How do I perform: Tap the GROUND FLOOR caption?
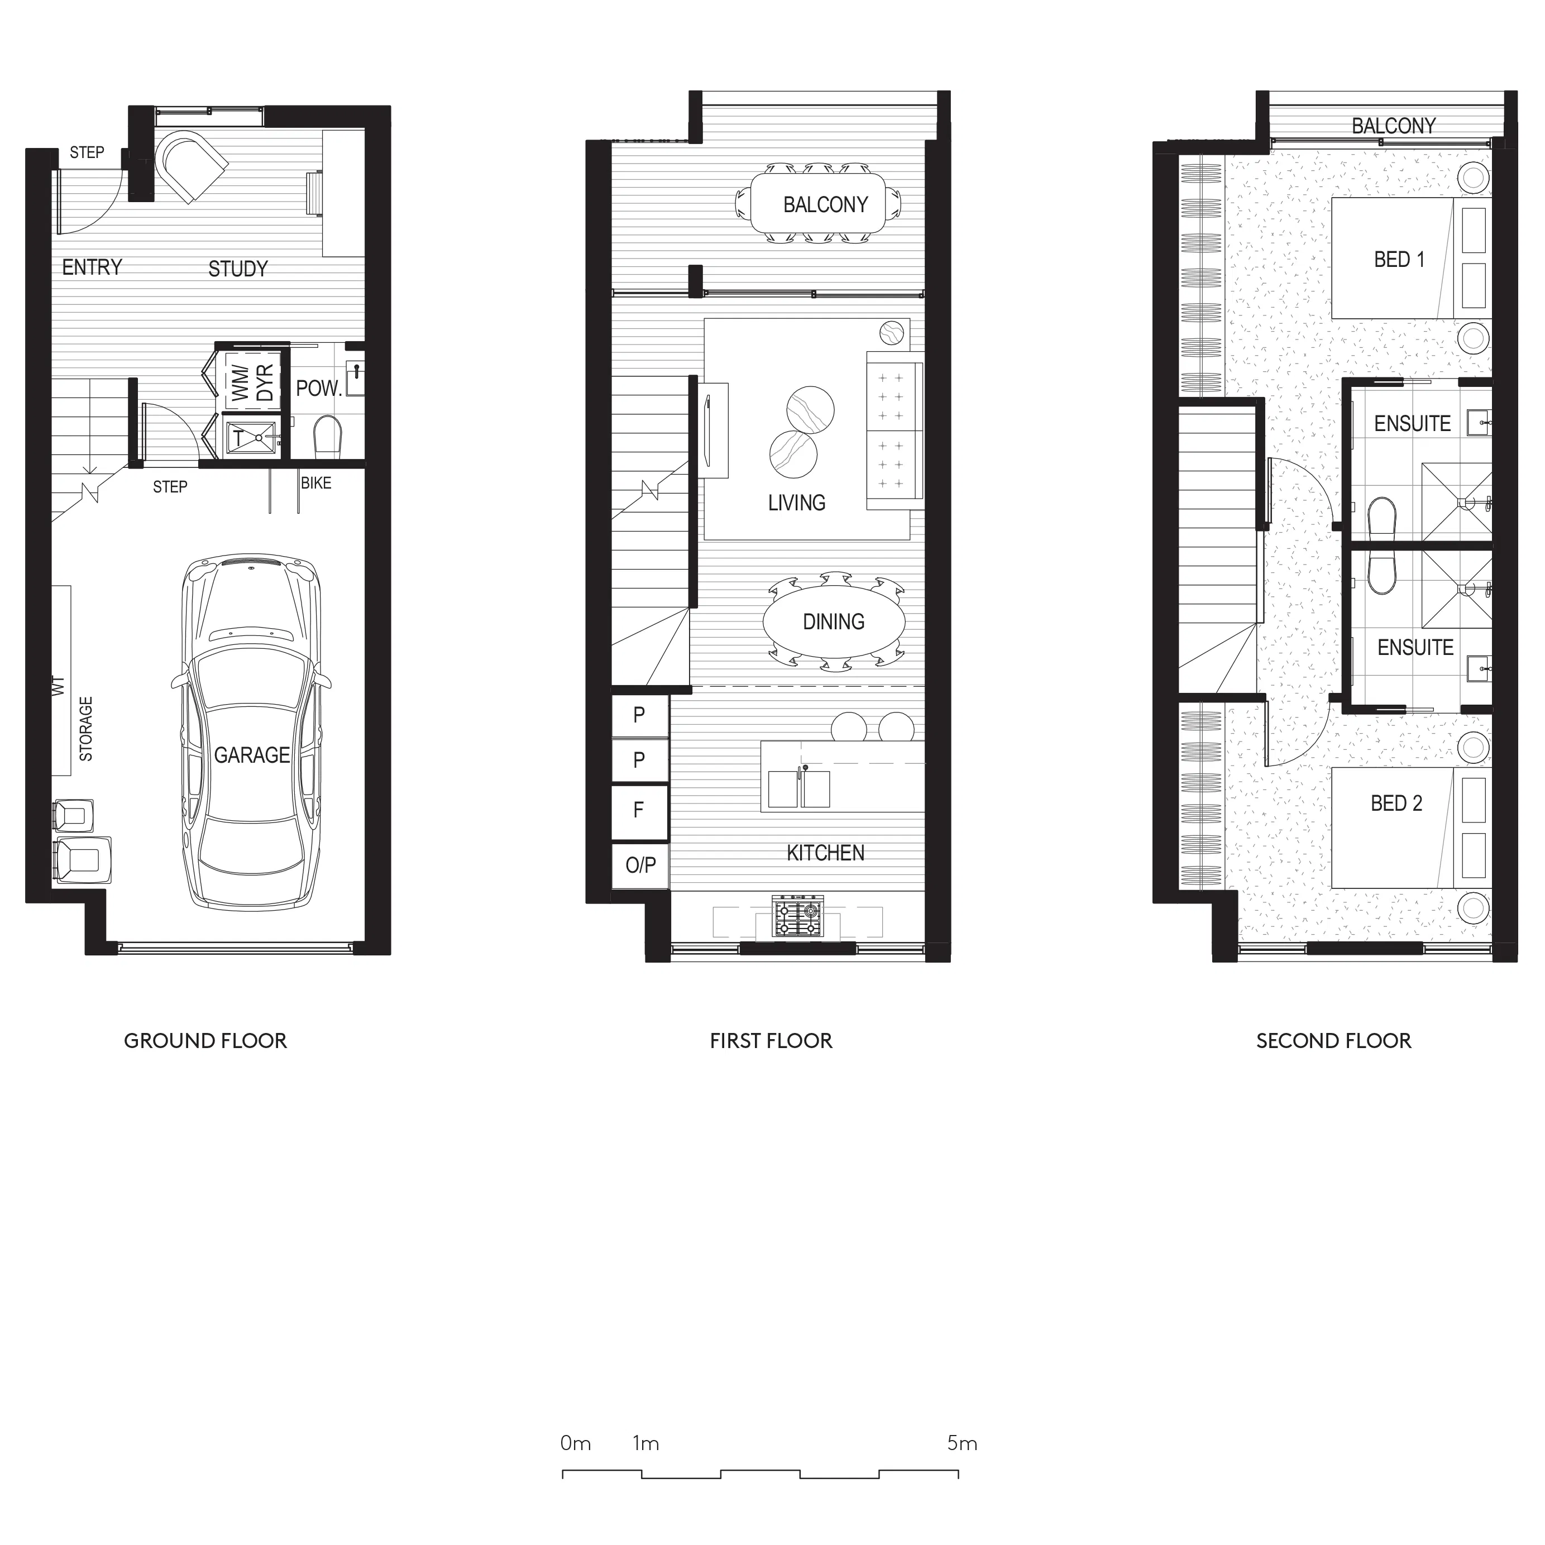tap(205, 1040)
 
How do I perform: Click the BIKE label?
tap(316, 483)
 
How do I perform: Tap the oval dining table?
tap(834, 621)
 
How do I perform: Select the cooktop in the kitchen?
tap(797, 916)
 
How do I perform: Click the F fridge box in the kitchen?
tap(639, 811)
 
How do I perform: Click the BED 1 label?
tap(1399, 260)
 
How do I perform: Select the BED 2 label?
tap(1396, 803)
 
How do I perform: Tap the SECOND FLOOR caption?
tap(1333, 1040)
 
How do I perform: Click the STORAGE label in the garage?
tap(85, 729)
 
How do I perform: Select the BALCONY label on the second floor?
tap(1393, 126)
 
